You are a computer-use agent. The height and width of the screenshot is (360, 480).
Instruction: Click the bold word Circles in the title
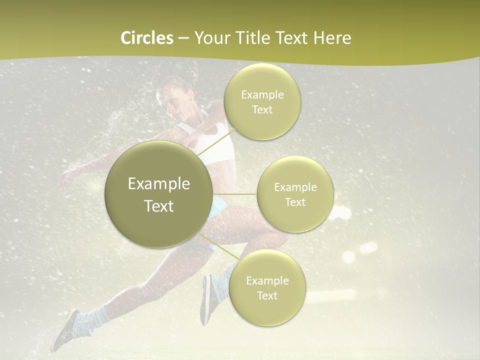tap(147, 38)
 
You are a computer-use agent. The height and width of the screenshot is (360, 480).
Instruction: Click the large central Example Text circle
tap(159, 194)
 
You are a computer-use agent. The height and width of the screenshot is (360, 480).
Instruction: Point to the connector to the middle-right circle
tap(235, 194)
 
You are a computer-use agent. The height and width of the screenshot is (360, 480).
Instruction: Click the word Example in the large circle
tap(159, 184)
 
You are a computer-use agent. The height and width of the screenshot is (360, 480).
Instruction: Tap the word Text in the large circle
tap(159, 206)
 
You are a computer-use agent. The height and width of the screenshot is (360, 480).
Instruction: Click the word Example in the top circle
tap(262, 95)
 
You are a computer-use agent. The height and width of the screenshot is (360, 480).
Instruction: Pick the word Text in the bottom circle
tap(267, 296)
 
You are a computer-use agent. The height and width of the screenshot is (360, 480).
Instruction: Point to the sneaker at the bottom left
tap(65, 330)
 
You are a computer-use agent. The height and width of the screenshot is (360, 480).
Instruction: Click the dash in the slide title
tap(183, 38)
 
